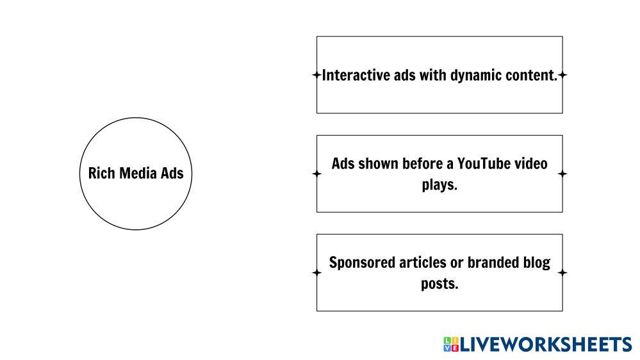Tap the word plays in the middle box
coord(439,185)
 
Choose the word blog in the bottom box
coord(536,263)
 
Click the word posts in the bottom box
coord(439,284)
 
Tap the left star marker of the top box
coord(316,75)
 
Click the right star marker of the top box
coord(562,75)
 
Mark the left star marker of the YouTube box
coord(316,174)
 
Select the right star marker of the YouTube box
coord(562,174)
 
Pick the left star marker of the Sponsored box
coord(316,273)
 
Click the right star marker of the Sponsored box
coord(562,273)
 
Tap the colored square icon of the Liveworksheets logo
coord(450,345)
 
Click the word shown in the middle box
coord(378,163)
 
